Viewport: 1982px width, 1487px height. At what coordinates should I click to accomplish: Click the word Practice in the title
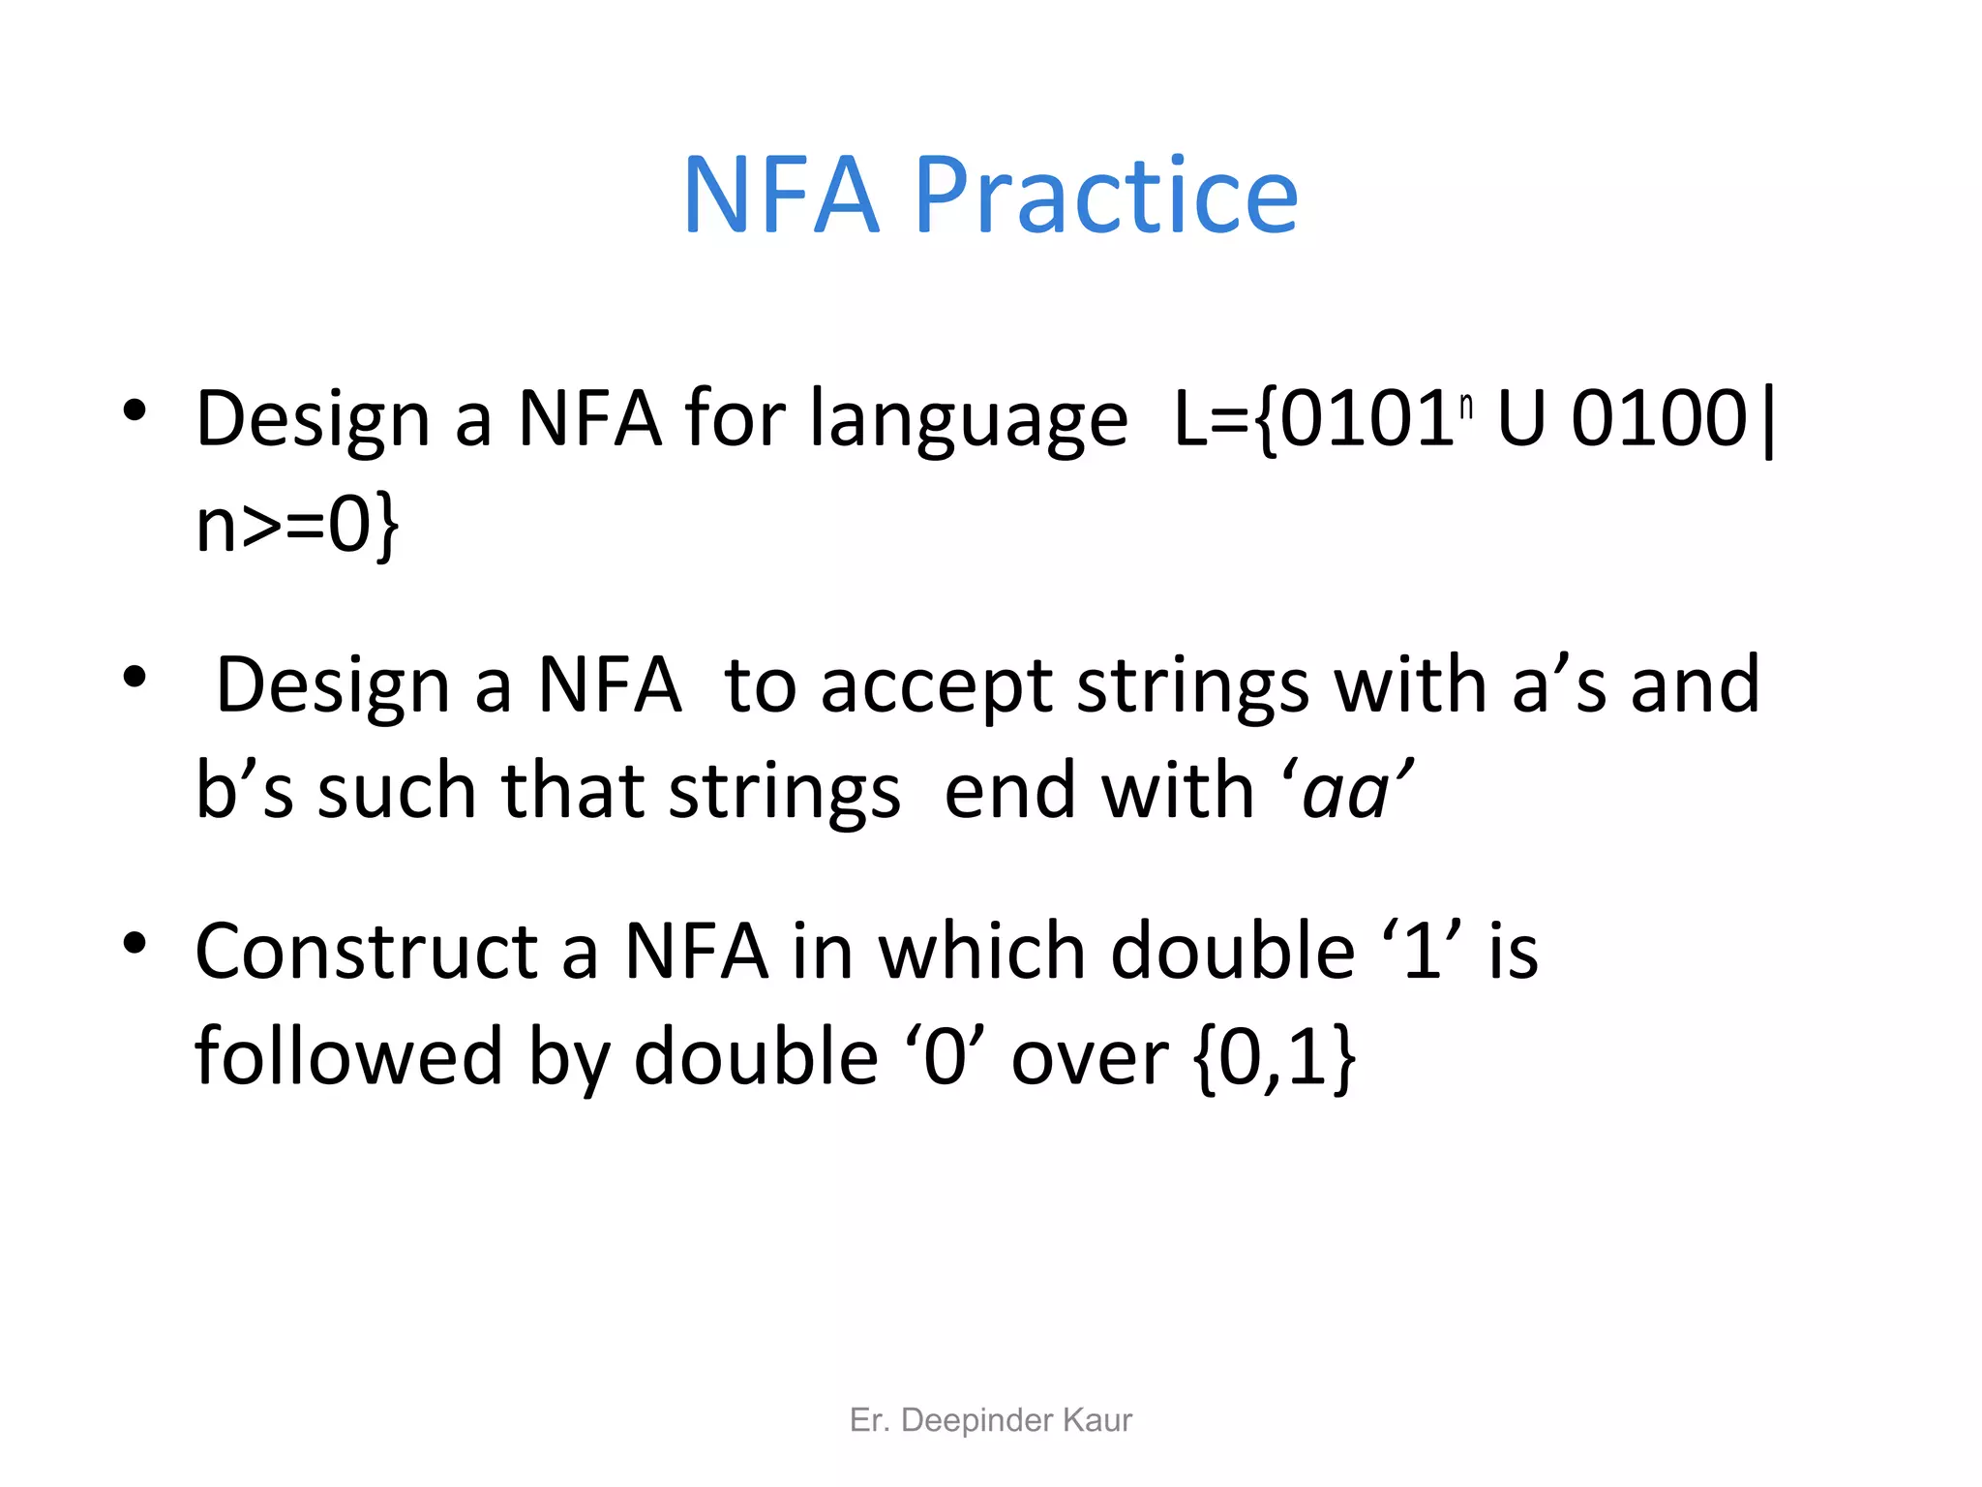[x=1105, y=197]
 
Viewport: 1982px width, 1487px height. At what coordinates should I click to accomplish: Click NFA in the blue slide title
[x=781, y=196]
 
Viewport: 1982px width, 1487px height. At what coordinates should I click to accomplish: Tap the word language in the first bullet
[x=969, y=420]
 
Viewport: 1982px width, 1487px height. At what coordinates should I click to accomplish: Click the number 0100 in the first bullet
[x=1659, y=418]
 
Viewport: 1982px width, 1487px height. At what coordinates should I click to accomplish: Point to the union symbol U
[x=1521, y=419]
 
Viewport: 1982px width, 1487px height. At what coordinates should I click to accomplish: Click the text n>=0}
[x=296, y=525]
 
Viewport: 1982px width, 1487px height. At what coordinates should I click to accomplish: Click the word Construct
[x=367, y=952]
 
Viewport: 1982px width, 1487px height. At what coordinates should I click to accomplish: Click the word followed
[x=348, y=1057]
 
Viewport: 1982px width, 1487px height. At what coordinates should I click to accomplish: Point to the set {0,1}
[x=1275, y=1057]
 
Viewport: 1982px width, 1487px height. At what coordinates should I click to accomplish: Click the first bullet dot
[x=135, y=410]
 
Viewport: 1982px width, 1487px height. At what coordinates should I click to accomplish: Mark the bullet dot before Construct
[x=135, y=942]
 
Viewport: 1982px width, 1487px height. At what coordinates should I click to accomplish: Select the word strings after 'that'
[x=784, y=792]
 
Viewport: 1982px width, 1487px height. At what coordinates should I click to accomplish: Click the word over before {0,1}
[x=1090, y=1057]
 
